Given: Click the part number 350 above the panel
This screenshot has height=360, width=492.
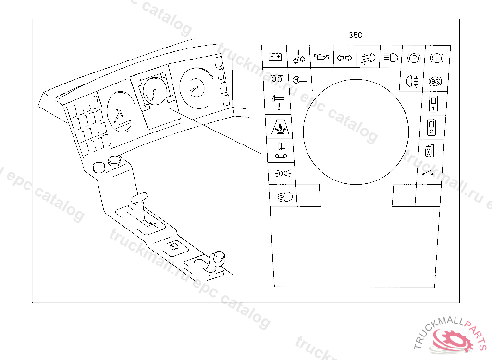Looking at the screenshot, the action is [x=356, y=35].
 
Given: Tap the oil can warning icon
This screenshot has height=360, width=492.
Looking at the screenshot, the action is [x=321, y=58].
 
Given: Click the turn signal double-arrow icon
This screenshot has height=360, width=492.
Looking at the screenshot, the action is [x=344, y=58].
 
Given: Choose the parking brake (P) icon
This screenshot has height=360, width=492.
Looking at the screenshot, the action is [x=414, y=58].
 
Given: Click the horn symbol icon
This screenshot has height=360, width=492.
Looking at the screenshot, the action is [x=280, y=150].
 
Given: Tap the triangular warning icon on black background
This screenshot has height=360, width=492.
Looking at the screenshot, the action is [x=279, y=128].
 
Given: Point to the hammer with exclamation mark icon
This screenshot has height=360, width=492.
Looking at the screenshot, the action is [x=278, y=103].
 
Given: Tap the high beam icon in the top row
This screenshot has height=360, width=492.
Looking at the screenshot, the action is [x=390, y=58].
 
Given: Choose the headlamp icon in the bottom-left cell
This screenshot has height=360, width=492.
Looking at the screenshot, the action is [x=283, y=196].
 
